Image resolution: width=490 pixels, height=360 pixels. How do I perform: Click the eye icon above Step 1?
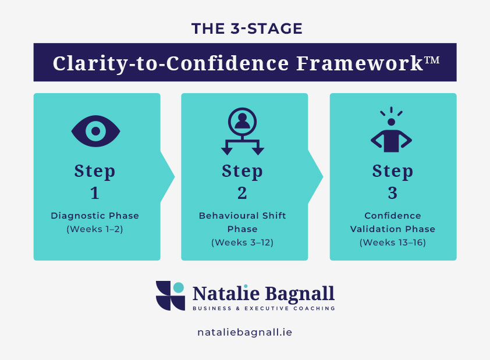tap(95, 131)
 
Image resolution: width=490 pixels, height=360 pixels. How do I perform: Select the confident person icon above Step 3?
tap(391, 131)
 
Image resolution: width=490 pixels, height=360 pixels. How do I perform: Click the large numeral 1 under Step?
tap(95, 193)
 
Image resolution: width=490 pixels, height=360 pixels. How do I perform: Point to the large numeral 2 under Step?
tap(243, 193)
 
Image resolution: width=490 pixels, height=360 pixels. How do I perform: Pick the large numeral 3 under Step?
tap(391, 193)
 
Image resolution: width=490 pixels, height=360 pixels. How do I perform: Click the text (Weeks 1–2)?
tap(95, 229)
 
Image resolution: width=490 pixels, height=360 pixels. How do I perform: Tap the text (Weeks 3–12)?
tap(243, 241)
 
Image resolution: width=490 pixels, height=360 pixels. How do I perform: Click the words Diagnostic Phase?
tap(95, 216)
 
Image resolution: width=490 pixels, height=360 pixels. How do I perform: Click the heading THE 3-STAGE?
tap(244, 28)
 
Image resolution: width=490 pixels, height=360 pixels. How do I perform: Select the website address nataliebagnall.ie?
tap(244, 333)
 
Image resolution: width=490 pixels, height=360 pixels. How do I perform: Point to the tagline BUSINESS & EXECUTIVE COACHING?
tap(264, 308)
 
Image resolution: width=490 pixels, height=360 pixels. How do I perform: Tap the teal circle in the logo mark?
tap(179, 287)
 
